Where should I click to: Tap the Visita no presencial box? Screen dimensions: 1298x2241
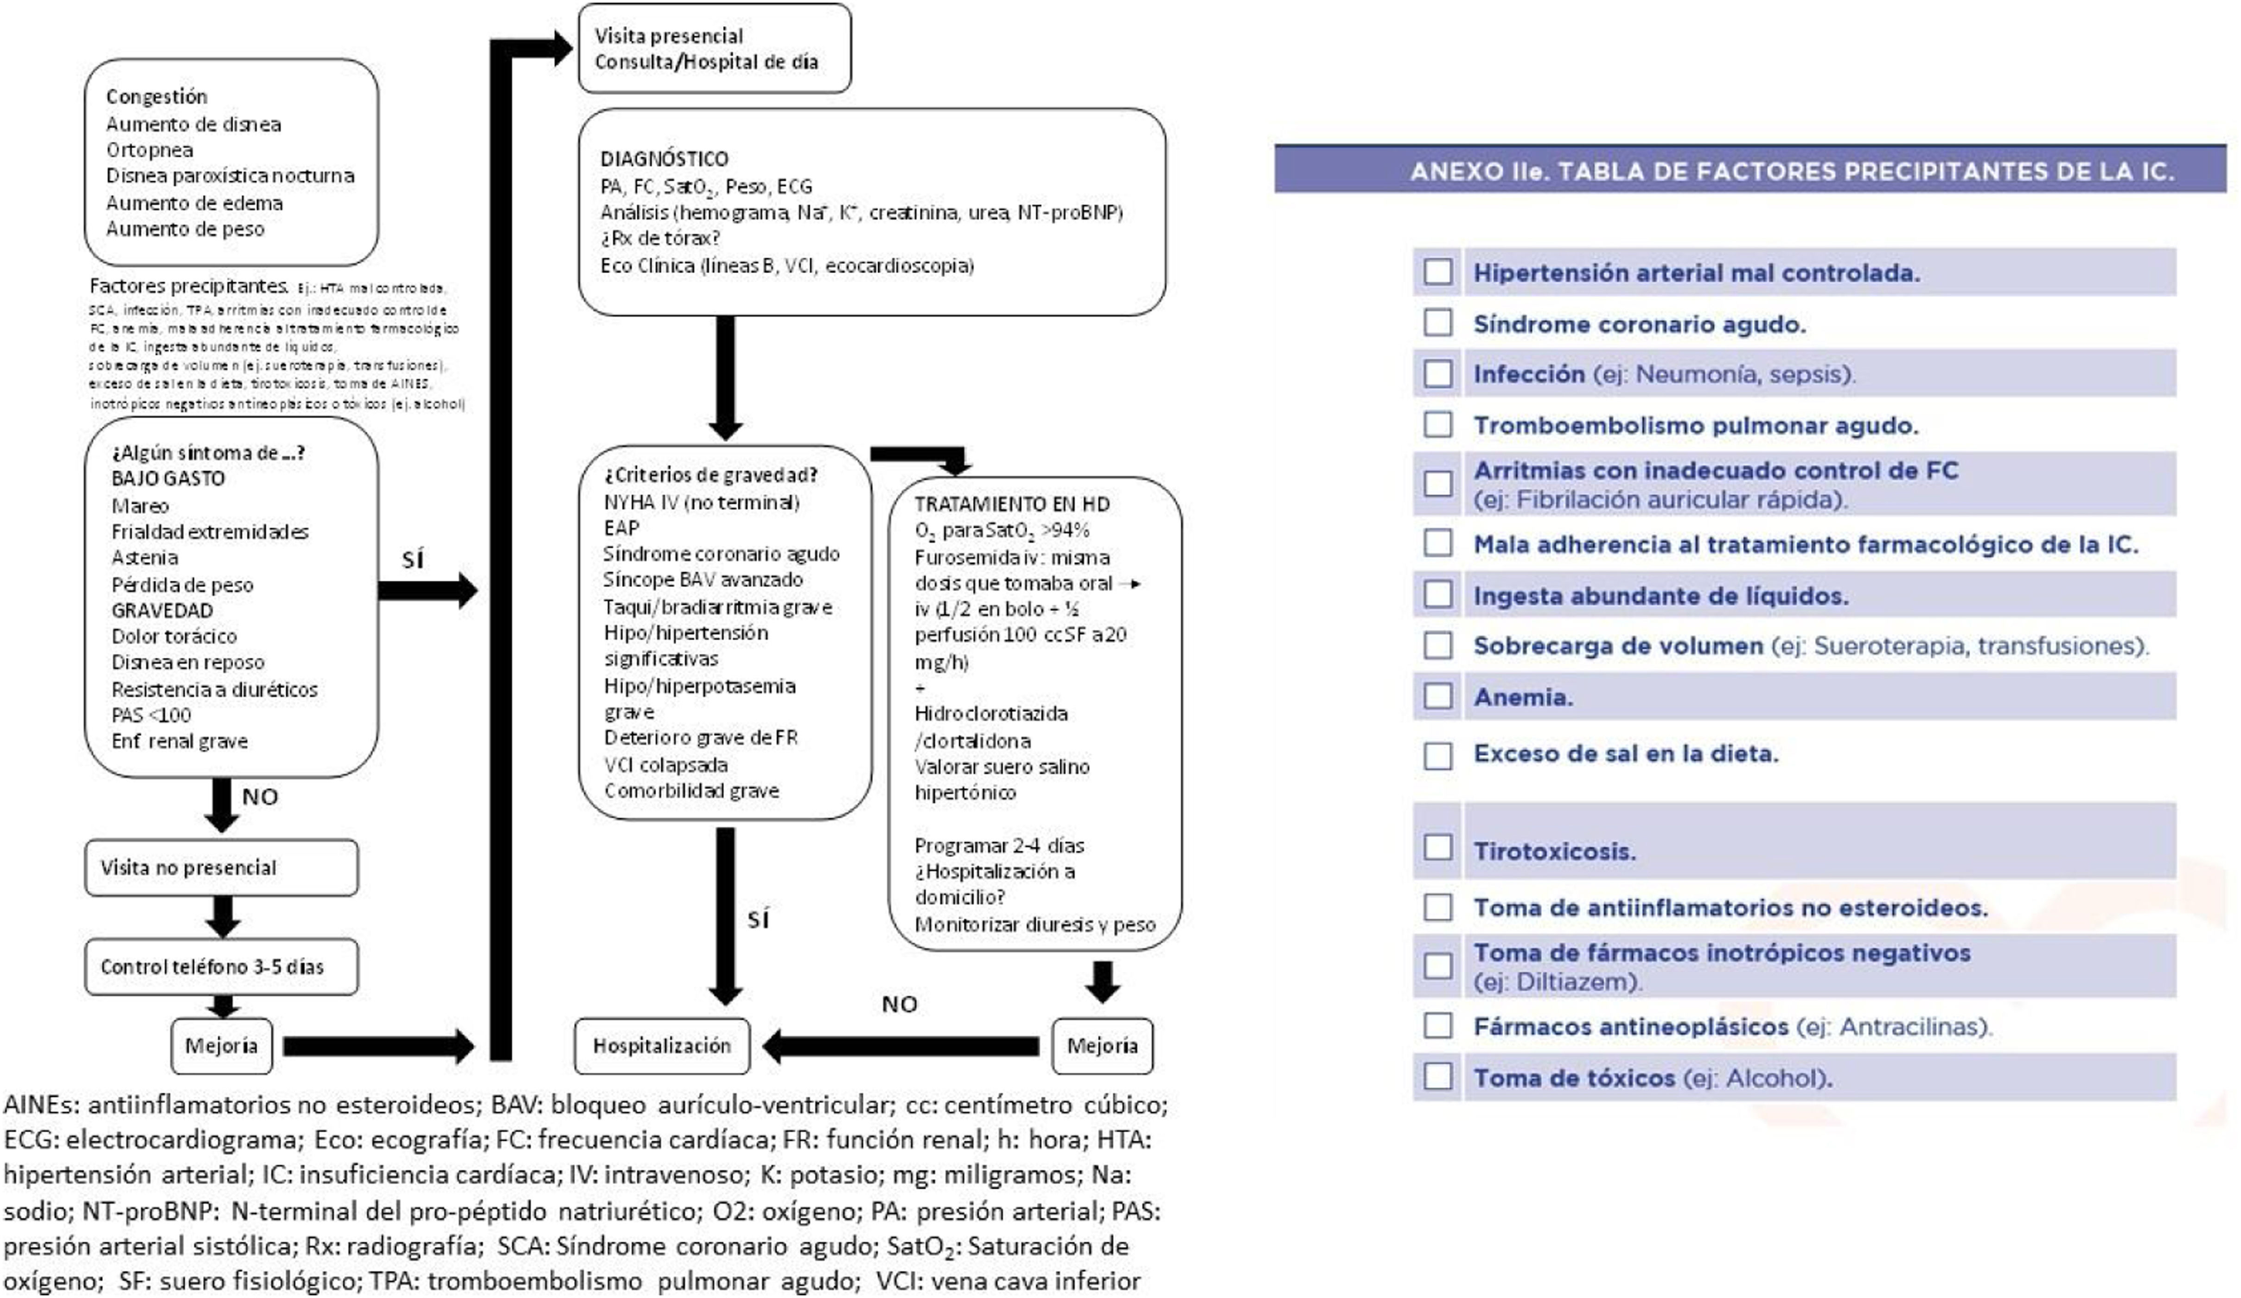[222, 867]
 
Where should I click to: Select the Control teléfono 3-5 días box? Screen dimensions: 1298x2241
[222, 967]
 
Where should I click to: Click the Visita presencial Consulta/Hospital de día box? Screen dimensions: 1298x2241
[714, 49]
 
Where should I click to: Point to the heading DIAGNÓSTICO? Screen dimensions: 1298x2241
[664, 159]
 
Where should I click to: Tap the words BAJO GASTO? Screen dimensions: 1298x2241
[168, 479]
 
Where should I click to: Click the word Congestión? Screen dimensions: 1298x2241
[157, 96]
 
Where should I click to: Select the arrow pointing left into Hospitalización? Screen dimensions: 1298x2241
[898, 1046]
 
